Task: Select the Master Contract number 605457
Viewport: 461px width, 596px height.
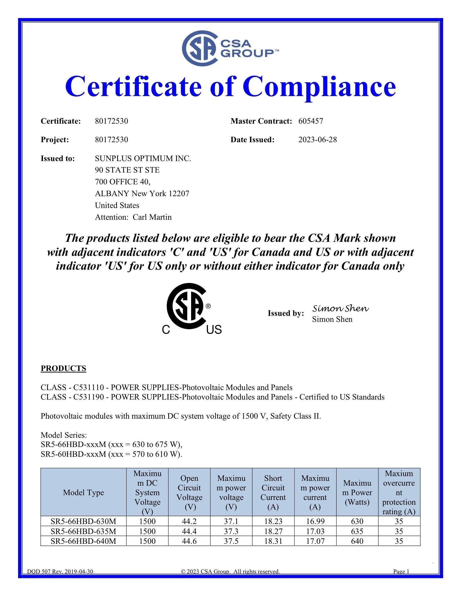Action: (311, 121)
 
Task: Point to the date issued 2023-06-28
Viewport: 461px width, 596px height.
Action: (317, 140)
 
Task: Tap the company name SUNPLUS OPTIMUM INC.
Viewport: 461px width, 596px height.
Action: (143, 158)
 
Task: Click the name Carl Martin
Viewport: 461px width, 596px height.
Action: (152, 217)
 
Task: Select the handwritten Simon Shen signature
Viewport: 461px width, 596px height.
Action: (340, 308)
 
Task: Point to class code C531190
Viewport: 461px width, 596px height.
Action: (88, 397)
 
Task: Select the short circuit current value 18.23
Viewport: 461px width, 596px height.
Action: (273, 521)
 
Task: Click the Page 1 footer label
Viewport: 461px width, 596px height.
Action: (401, 571)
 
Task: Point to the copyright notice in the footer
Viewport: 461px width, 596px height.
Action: (230, 571)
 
